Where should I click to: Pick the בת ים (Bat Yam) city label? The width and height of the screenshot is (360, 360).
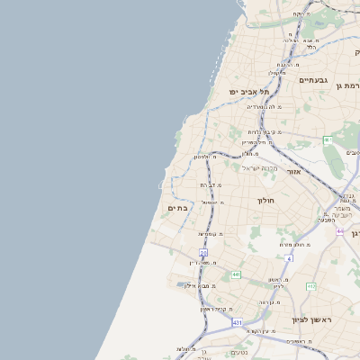coord(176,208)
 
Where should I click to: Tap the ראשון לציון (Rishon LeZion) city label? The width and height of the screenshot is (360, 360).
coord(311,320)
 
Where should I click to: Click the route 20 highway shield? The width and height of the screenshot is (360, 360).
coord(203,253)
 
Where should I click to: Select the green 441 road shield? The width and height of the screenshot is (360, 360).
coord(236,274)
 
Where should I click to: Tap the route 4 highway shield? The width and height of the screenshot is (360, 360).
coord(289,258)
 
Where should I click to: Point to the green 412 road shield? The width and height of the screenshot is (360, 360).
coord(310,286)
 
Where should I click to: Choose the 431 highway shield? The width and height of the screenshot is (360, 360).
coord(237,322)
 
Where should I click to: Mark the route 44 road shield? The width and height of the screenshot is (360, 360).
coord(340,232)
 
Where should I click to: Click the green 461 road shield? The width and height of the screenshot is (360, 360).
coord(328,140)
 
